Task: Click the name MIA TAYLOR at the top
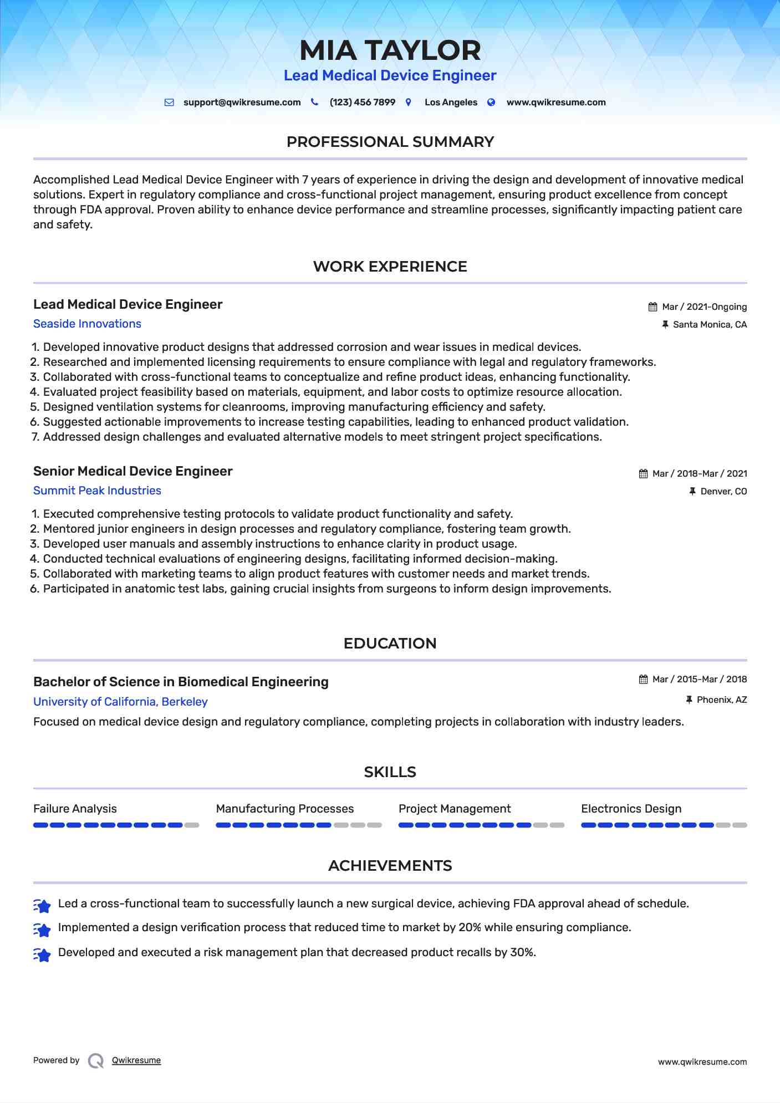390,50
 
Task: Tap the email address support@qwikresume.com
242,103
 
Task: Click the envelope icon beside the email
169,103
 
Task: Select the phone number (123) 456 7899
362,103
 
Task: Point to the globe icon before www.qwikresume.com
491,103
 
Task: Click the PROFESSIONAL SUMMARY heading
390,142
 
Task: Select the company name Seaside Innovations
87,324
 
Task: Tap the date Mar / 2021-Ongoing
704,307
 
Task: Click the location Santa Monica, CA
710,325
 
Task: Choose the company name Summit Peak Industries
97,491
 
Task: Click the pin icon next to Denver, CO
692,491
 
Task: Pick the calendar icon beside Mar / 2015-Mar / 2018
643,680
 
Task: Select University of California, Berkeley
120,702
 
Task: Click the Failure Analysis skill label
75,809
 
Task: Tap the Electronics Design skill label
631,809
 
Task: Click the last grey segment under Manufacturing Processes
375,825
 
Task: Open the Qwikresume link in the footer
136,1060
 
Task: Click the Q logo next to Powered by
96,1061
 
